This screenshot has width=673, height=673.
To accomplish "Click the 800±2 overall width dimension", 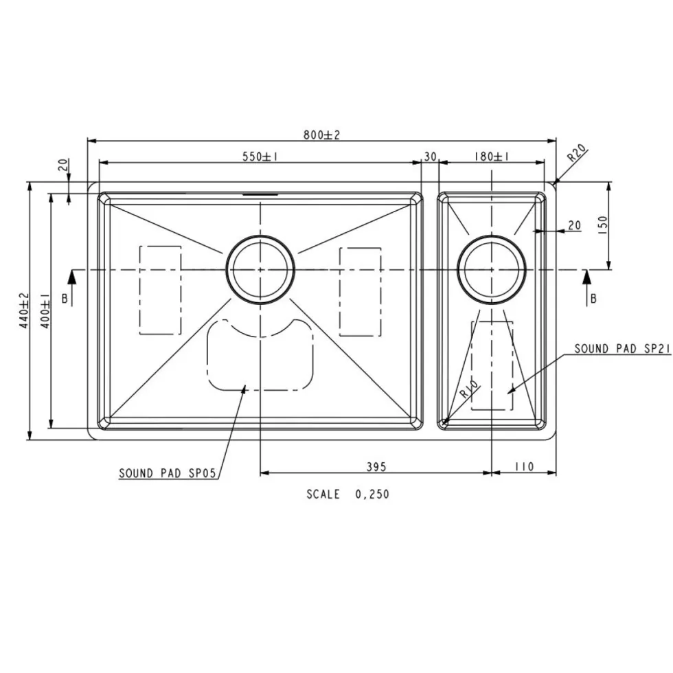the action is pos(321,135).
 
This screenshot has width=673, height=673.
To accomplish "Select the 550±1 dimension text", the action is pos(260,157).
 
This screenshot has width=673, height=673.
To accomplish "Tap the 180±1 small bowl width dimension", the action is pos(492,157).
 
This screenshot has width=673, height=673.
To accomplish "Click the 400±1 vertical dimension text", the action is pos(45,310).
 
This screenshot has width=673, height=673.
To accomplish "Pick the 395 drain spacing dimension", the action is pos(376,466).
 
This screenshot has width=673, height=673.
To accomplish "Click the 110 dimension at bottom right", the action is pos(523,466).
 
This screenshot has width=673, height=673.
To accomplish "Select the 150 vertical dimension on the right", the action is pos(603,225).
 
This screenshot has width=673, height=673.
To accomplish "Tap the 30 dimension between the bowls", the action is pos(430,157).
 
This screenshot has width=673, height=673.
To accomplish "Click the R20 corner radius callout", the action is pos(577,153).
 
